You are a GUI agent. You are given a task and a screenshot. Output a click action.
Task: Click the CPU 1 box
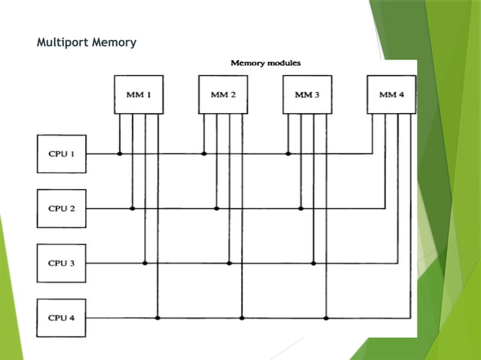pyautogui.click(x=62, y=154)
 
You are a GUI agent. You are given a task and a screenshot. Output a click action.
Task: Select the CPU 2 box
pyautogui.click(x=62, y=209)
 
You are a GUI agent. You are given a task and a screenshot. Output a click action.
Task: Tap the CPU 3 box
pyautogui.click(x=62, y=263)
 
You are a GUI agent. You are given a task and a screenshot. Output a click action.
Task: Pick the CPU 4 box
pyautogui.click(x=62, y=318)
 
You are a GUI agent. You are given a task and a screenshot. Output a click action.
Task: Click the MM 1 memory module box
pyautogui.click(x=138, y=95)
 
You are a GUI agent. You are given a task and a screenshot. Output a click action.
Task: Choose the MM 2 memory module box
pyautogui.click(x=223, y=95)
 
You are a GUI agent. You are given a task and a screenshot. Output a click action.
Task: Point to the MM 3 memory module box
pyautogui.click(x=307, y=95)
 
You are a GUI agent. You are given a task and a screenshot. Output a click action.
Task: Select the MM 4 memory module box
pyautogui.click(x=391, y=95)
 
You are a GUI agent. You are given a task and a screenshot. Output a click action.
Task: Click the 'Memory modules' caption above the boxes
pyautogui.click(x=265, y=63)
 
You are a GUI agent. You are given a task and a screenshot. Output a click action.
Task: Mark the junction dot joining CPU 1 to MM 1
pyautogui.click(x=119, y=154)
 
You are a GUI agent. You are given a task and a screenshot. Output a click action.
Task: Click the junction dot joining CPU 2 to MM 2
pyautogui.click(x=216, y=209)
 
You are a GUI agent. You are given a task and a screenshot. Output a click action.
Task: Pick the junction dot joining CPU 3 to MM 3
pyautogui.click(x=313, y=263)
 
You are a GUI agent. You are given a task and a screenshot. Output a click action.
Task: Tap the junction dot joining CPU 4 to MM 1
pyautogui.click(x=158, y=318)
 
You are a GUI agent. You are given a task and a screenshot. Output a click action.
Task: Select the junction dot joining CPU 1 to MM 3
pyautogui.click(x=288, y=154)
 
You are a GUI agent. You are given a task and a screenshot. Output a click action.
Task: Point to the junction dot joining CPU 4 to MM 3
pyautogui.click(x=326, y=318)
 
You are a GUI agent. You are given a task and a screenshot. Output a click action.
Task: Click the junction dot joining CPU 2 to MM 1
pyautogui.click(x=132, y=209)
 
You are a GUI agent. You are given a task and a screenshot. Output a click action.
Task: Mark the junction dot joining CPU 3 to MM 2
pyautogui.click(x=229, y=263)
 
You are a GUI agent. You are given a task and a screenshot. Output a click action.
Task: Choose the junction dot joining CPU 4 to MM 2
pyautogui.click(x=241, y=318)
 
